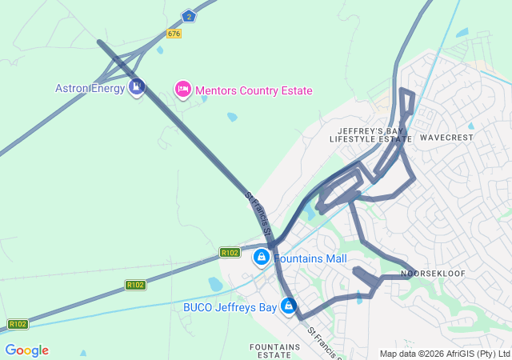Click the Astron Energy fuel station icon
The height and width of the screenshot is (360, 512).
(x=136, y=86)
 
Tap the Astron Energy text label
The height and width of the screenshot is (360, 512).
(x=90, y=88)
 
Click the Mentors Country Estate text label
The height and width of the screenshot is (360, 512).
(x=254, y=91)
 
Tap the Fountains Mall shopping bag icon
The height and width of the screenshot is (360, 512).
(x=261, y=258)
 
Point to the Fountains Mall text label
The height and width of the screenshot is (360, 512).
(x=310, y=259)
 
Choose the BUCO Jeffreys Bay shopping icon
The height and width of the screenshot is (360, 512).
(x=288, y=306)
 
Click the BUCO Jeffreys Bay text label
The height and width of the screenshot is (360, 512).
(x=230, y=306)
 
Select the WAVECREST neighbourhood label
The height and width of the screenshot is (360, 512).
(x=446, y=138)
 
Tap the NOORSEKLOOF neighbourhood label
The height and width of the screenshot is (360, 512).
(x=433, y=274)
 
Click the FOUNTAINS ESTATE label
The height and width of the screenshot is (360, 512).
(x=275, y=351)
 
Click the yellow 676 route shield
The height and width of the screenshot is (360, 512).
(x=174, y=33)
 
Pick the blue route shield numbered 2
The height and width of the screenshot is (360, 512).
(x=188, y=15)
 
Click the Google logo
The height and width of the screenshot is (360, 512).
(x=26, y=350)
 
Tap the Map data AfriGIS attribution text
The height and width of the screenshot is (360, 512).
(x=445, y=354)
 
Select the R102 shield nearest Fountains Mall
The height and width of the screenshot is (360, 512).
(x=230, y=253)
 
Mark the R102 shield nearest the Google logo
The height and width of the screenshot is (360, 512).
(x=18, y=324)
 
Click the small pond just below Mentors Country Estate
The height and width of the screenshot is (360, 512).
(x=232, y=117)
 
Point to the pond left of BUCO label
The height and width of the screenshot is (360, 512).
(x=214, y=284)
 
